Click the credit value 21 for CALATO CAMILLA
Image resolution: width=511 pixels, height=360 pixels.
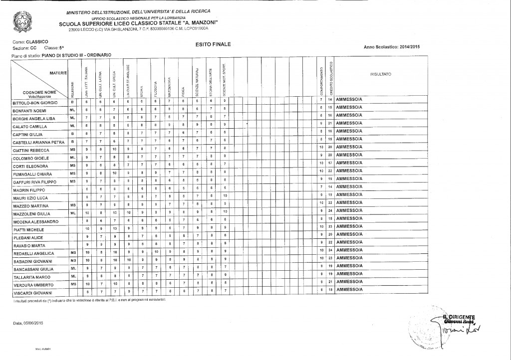(x=330, y=123)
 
